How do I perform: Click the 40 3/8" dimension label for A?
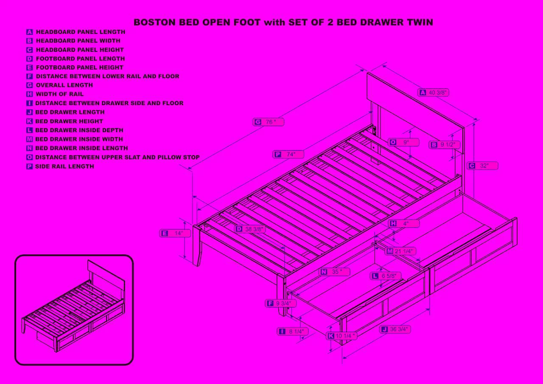[433, 92]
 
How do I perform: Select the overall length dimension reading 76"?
[269, 122]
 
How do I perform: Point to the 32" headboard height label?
[483, 166]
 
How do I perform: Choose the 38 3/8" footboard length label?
[250, 229]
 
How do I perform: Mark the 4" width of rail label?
[404, 223]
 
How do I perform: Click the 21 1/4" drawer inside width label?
[401, 251]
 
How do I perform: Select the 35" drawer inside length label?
[335, 272]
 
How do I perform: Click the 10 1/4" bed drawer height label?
[341, 336]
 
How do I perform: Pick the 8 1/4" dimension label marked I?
[293, 331]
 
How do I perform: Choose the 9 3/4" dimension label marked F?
[280, 303]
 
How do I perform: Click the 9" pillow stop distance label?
[403, 142]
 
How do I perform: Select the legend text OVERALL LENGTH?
[64, 85]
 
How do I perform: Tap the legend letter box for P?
[29, 167]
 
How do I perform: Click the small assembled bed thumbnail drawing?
[74, 310]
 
